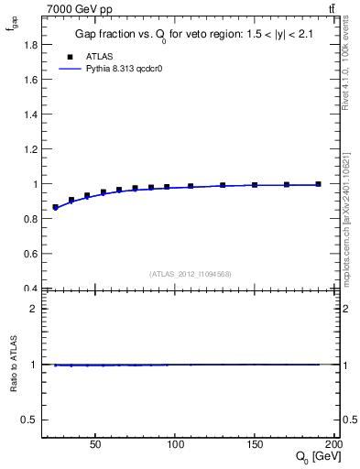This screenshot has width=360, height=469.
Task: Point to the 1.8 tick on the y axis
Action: point(32,44)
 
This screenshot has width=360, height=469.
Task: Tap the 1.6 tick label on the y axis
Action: point(32,79)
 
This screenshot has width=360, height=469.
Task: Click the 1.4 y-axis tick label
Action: point(32,114)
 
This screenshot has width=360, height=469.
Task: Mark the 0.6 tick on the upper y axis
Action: point(32,254)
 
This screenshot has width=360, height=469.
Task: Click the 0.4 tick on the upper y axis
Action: point(32,289)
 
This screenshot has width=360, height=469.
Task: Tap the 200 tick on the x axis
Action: point(334,442)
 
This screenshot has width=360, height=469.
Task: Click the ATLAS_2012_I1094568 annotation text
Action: point(191,273)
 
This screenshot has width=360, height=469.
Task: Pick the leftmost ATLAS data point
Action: point(55,207)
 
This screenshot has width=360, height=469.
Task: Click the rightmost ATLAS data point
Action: point(318,184)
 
